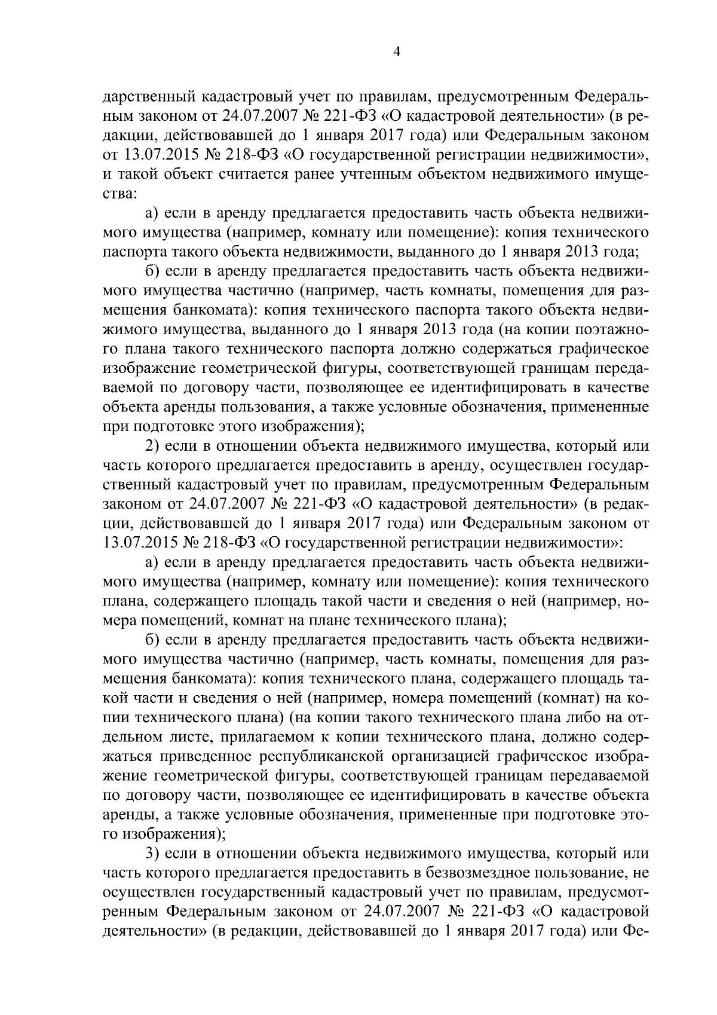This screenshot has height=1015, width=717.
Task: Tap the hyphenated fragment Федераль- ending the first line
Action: pos(612,97)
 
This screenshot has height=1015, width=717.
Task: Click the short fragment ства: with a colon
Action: pos(119,194)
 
